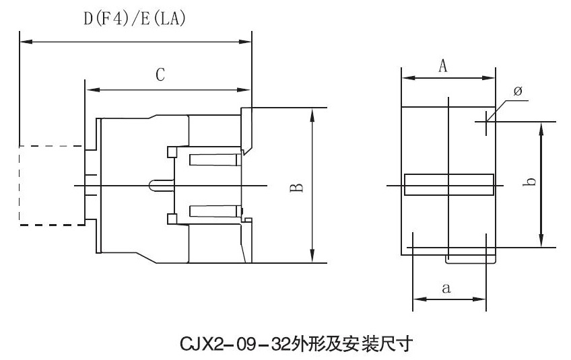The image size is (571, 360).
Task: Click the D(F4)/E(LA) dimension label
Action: click(x=135, y=19)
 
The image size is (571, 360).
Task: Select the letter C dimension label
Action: click(x=160, y=75)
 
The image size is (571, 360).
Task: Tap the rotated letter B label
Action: click(x=297, y=188)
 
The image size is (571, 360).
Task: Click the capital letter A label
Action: click(x=443, y=66)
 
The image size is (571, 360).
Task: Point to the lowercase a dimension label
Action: click(x=446, y=288)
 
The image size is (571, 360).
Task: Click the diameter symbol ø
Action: click(x=518, y=91)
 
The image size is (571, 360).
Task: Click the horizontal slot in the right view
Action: click(x=449, y=184)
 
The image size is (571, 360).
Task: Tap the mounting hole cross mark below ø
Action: click(x=486, y=122)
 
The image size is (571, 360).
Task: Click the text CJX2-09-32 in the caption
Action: click(x=236, y=344)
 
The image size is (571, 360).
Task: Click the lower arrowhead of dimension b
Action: click(x=542, y=240)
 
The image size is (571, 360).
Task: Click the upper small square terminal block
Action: click(x=172, y=152)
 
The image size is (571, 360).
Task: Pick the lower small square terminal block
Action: click(x=172, y=219)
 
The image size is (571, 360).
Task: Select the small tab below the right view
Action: click(x=471, y=259)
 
